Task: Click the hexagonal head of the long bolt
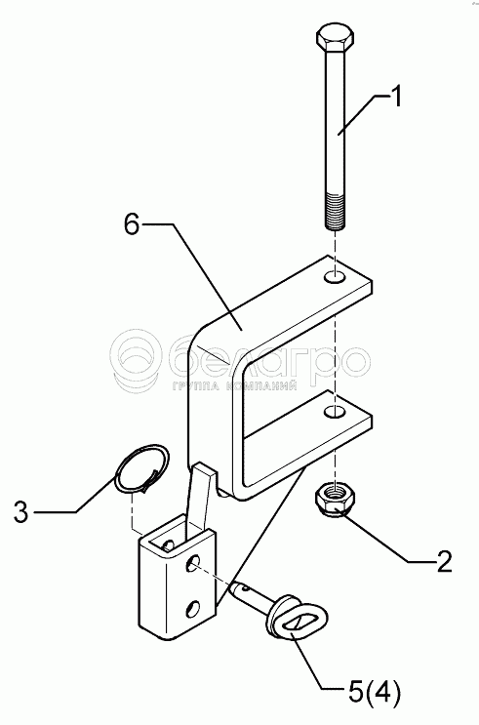point(336,38)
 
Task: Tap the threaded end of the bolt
point(336,212)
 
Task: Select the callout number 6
point(132,224)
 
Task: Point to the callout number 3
point(20,512)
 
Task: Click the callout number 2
point(444,561)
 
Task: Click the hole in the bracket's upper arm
point(335,277)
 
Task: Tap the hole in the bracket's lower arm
point(335,411)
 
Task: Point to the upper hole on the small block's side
point(190,564)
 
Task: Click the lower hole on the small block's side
point(193,608)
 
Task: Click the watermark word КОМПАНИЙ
point(262,385)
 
